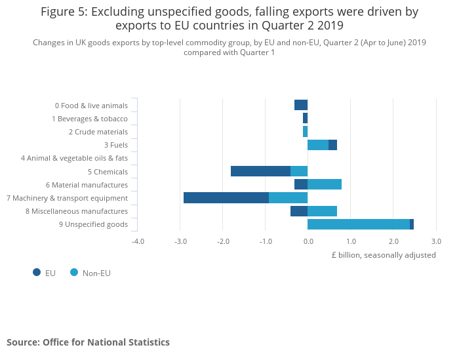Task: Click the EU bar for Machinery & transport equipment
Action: pos(226,197)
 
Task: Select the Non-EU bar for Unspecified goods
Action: pos(359,224)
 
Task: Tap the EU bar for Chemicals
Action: pos(260,171)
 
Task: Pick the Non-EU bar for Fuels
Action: pos(318,145)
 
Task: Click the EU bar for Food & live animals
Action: pos(301,105)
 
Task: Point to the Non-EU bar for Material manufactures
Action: pos(325,184)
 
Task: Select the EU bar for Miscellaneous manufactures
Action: pos(299,211)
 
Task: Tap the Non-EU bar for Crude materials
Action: pos(305,131)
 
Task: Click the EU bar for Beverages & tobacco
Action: pos(305,118)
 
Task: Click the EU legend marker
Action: pos(37,272)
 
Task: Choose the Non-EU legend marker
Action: pos(74,272)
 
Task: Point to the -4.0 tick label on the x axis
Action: pos(138,241)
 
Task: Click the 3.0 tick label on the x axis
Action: pos(435,241)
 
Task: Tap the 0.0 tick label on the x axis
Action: pos(308,241)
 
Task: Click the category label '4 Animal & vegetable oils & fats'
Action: pos(74,158)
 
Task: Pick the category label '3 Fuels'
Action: pos(115,145)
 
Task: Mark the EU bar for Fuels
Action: pos(332,145)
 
